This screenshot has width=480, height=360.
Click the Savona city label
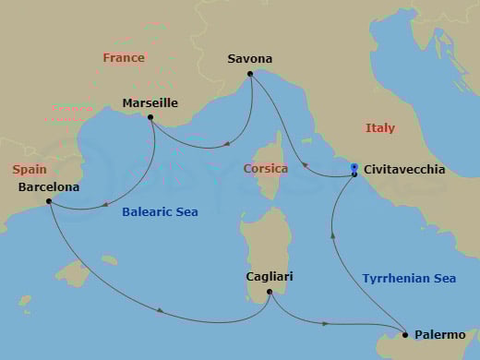pos(249,60)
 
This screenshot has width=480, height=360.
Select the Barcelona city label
pos(48,187)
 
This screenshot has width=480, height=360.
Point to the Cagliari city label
pos(270,276)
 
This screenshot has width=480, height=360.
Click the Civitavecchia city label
pos(404,170)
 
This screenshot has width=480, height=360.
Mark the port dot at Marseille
pos(150,117)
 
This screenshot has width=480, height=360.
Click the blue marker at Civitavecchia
pos(354,167)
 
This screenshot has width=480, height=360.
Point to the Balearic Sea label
pos(161,212)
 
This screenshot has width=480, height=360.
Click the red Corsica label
pos(266,169)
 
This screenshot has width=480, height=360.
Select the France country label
pos(124,57)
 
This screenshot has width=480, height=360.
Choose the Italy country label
pos(379,127)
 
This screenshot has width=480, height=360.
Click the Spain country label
pos(30,170)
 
